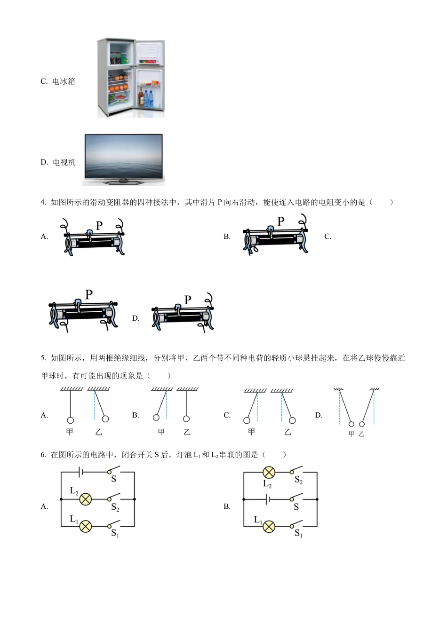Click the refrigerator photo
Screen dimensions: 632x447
pyautogui.click(x=131, y=78)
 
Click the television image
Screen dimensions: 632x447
pyautogui.click(x=123, y=159)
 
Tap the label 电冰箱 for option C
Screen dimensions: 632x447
pyautogui.click(x=64, y=81)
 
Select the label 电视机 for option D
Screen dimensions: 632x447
pyautogui.click(x=64, y=162)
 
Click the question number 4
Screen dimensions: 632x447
pyautogui.click(x=43, y=202)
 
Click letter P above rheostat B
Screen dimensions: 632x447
pyautogui.click(x=281, y=221)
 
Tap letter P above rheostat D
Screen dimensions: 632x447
pyautogui.click(x=188, y=300)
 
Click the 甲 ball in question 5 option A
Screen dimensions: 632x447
pyautogui.click(x=70, y=420)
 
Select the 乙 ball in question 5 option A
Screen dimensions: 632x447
pyautogui.click(x=106, y=419)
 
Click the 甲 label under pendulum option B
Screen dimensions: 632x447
pyautogui.click(x=161, y=432)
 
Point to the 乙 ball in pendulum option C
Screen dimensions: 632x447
pyautogui.click(x=293, y=420)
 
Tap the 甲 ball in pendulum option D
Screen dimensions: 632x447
pyautogui.click(x=351, y=424)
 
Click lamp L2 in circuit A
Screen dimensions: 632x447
pyautogui.click(x=85, y=499)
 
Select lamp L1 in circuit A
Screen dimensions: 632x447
pyautogui.click(x=85, y=526)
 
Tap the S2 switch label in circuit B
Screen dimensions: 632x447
pyautogui.click(x=299, y=480)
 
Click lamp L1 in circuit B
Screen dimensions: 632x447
pyautogui.click(x=269, y=526)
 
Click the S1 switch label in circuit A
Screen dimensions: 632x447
pyautogui.click(x=115, y=533)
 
